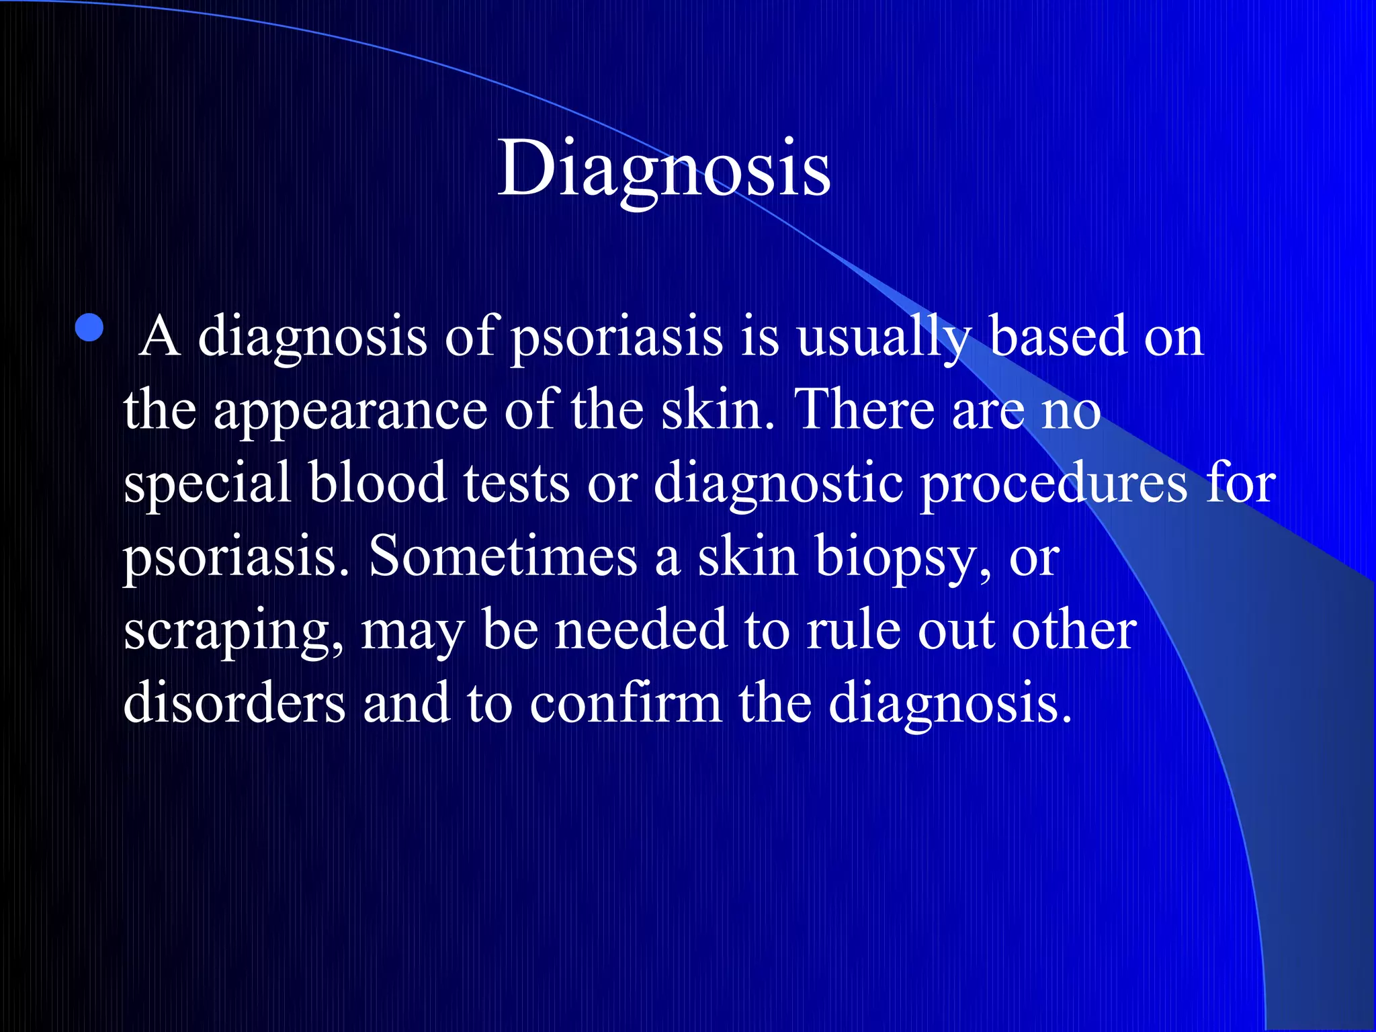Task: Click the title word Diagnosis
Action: [x=664, y=168]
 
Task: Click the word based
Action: [x=1058, y=336]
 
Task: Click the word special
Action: [x=207, y=484]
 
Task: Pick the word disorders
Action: [x=234, y=703]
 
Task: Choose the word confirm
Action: [x=626, y=703]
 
